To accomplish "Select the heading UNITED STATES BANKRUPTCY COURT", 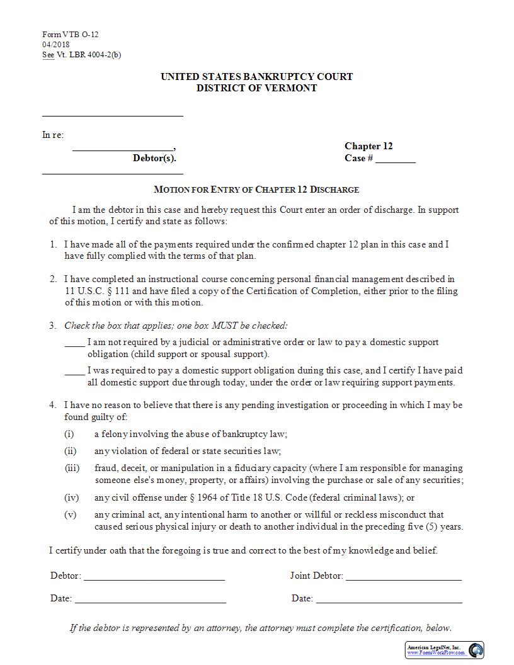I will pos(256,77).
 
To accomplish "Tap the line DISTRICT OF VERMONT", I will pos(256,88).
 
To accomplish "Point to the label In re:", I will pos(53,135).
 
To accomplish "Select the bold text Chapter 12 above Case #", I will pos(368,146).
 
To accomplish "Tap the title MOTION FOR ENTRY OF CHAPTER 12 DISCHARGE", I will pos(256,190).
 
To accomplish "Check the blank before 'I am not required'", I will pos(74,343).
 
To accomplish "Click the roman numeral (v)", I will pos(70,514).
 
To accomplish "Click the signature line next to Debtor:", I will pos(154,577).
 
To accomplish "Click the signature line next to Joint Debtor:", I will pos(403,577).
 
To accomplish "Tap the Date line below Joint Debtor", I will pos(389,600).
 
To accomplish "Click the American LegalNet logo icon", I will pos(476,650).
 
